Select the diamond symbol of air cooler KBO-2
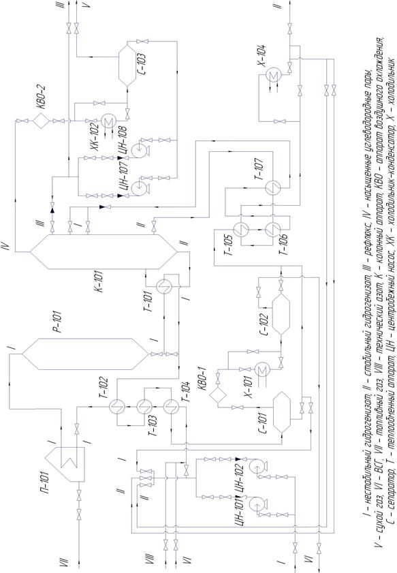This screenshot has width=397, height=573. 42,121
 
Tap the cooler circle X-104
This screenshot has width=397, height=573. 272,75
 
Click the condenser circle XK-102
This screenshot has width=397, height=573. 108,121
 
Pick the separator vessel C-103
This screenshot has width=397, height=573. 127,63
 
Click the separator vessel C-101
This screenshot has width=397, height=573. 282,413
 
